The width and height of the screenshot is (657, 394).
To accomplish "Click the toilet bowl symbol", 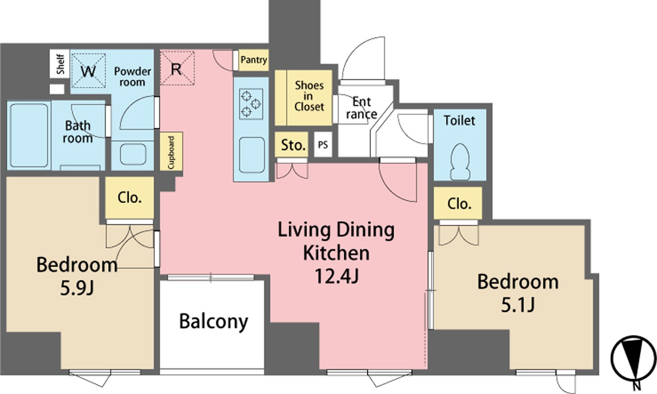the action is pyautogui.click(x=460, y=162).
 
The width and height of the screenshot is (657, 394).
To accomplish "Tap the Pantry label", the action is pyautogui.click(x=254, y=60).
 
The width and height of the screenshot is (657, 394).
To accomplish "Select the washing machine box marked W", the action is pyautogui.click(x=88, y=71).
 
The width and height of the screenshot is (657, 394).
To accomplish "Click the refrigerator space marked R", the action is pyautogui.click(x=177, y=68).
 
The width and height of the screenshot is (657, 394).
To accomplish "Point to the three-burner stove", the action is pyautogui.click(x=251, y=104).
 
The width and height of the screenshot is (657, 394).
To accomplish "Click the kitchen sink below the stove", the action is pyautogui.click(x=252, y=155).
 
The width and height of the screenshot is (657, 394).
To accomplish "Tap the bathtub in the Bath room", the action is pyautogui.click(x=29, y=135).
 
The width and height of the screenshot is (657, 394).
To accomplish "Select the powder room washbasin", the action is pyautogui.click(x=133, y=154).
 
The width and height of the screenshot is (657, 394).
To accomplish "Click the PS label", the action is pyautogui.click(x=323, y=145).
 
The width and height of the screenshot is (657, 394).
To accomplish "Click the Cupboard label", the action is pyautogui.click(x=171, y=152).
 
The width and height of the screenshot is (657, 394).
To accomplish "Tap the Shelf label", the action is pyautogui.click(x=60, y=64).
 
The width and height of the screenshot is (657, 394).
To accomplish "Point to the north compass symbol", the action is pyautogui.click(x=633, y=363).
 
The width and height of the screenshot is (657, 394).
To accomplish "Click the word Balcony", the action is pyautogui.click(x=214, y=322).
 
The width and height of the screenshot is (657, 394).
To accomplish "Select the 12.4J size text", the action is pyautogui.click(x=336, y=276).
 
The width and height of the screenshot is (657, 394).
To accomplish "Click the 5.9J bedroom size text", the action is pyautogui.click(x=77, y=288).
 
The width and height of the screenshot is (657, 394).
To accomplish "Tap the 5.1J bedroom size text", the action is pyautogui.click(x=518, y=305).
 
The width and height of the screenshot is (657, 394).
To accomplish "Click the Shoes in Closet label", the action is pyautogui.click(x=309, y=96).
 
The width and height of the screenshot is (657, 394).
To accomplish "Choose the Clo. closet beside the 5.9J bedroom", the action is pyautogui.click(x=129, y=198).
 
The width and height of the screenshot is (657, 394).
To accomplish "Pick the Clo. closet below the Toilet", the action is pyautogui.click(x=458, y=203).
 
